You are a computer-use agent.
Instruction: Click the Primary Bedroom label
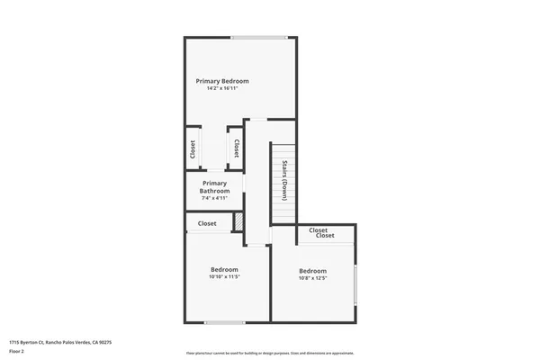click(222, 81)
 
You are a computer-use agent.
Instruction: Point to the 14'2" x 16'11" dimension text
click(222, 88)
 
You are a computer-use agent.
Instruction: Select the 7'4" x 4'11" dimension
click(215, 198)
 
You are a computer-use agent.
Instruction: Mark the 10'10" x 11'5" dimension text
click(224, 276)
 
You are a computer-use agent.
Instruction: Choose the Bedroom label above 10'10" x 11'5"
click(224, 269)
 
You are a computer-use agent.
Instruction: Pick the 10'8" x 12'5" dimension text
click(312, 278)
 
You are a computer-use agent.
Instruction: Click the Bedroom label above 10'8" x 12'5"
click(312, 271)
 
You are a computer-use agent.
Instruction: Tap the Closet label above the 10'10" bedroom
click(207, 223)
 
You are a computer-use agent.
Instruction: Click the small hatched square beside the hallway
click(238, 221)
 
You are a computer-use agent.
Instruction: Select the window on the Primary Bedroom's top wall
click(259, 37)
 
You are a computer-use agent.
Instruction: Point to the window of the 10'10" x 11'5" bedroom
click(224, 322)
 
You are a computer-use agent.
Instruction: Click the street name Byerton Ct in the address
click(31, 343)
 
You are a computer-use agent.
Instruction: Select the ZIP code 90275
click(104, 343)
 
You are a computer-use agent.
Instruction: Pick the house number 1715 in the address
click(13, 343)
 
